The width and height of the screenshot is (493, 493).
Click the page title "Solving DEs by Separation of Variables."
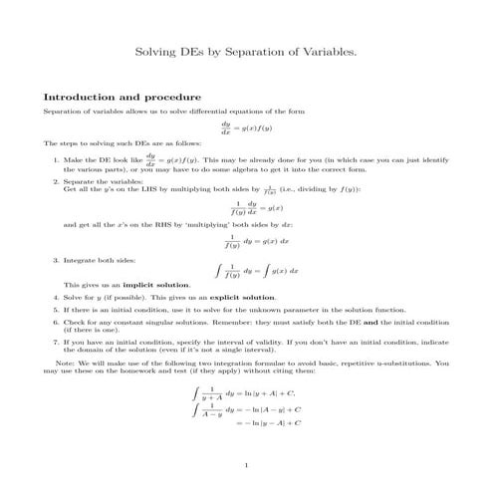pos(246,50)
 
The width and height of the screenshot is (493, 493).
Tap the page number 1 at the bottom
pos(245,465)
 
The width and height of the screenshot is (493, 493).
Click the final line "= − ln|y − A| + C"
pos(269,423)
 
